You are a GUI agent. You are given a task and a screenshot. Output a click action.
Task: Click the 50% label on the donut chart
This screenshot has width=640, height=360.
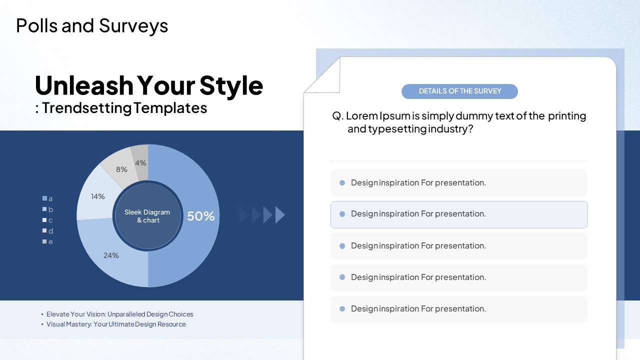point(201,216)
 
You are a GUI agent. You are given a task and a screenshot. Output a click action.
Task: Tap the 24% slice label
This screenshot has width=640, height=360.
point(111,255)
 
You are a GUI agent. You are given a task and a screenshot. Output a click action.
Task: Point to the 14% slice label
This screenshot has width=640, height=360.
point(97,196)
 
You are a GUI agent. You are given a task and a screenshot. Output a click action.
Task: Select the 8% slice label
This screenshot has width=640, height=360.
point(121,169)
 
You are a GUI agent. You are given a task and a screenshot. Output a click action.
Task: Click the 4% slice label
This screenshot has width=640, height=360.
point(140,163)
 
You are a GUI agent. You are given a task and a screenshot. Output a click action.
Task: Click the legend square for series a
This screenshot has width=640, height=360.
point(44,198)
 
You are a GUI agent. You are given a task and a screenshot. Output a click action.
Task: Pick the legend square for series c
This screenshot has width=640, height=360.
point(44,220)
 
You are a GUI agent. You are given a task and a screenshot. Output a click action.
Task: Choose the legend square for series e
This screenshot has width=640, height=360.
point(44,241)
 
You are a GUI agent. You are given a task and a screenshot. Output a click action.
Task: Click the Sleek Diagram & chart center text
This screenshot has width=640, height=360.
point(147,216)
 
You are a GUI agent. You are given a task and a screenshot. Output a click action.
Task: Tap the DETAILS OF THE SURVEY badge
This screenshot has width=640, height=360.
point(459,91)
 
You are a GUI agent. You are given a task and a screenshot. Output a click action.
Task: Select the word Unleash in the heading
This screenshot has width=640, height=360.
point(84,85)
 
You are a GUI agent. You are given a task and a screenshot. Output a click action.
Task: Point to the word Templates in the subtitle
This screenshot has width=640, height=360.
point(170,108)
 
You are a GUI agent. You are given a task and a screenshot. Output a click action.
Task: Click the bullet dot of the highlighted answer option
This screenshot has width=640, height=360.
point(342,214)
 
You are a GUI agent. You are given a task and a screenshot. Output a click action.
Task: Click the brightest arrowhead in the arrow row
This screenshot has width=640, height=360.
point(280,215)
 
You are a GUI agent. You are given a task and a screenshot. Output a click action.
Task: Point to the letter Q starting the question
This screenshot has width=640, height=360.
point(336,116)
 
